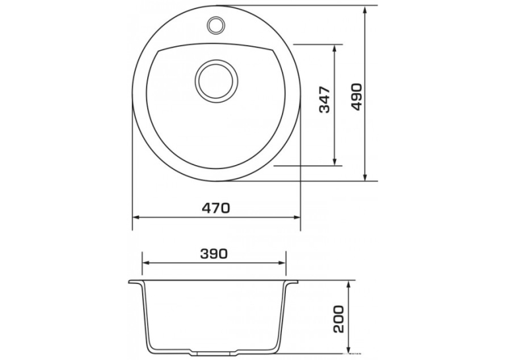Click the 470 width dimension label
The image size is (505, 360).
point(216,208)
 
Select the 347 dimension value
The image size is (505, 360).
point(325,100)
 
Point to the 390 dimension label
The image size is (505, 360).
point(214,254)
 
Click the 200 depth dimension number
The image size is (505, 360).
point(339,319)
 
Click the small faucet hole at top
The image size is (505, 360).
point(216,25)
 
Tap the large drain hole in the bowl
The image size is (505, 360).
point(217,81)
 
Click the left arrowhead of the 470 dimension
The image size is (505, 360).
point(137,217)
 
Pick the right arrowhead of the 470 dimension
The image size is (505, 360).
point(296,217)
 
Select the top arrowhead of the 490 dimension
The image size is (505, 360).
point(365,10)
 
